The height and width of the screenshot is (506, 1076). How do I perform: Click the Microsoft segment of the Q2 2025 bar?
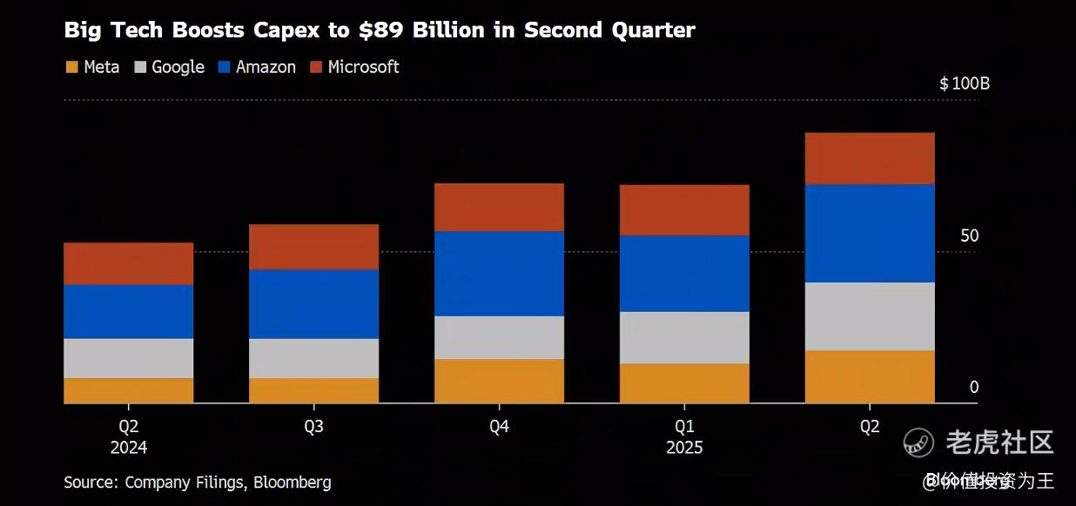tap(869, 158)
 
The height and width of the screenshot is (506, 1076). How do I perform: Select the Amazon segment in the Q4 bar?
tap(499, 273)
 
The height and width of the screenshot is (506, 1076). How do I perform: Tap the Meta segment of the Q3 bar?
tap(313, 390)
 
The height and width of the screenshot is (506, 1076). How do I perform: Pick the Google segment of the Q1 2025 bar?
tap(684, 337)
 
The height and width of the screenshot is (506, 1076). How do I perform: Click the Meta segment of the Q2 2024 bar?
tap(128, 390)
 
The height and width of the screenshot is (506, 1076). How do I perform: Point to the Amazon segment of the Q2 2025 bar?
tap(869, 233)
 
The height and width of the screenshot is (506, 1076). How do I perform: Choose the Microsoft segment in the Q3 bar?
tap(313, 247)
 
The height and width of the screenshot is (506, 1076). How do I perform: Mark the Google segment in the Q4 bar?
tap(499, 337)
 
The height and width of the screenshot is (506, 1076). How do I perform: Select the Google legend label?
tap(178, 67)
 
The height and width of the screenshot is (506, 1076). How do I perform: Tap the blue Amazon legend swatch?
tap(224, 67)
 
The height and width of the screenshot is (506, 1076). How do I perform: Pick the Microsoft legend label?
tap(363, 67)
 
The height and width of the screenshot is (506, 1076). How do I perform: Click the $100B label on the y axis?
tap(965, 84)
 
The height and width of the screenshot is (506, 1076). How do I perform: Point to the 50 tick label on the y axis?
tap(968, 236)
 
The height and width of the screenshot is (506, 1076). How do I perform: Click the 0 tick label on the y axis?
tap(974, 387)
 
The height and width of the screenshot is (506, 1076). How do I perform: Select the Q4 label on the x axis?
tap(499, 427)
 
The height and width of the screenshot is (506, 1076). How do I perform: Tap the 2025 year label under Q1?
tap(684, 448)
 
